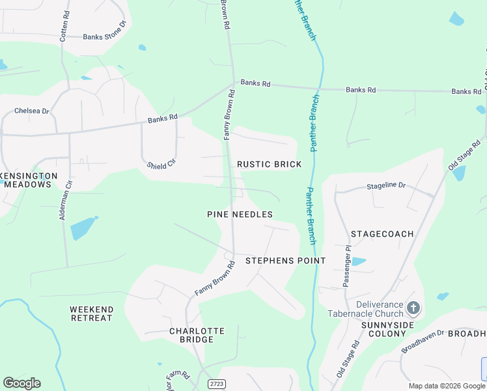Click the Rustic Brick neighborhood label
pos(269,164)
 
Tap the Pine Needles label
pos(240,214)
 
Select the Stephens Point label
pos(285,261)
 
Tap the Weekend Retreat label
pos(91,313)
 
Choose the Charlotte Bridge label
pos(197,335)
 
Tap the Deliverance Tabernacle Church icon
pos(413,308)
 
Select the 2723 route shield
pos(217,384)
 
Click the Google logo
pos(21,383)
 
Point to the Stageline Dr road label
pos(386,186)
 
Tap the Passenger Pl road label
pos(347,267)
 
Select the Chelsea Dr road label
pos(32,111)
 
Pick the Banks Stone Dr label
pos(107,36)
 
